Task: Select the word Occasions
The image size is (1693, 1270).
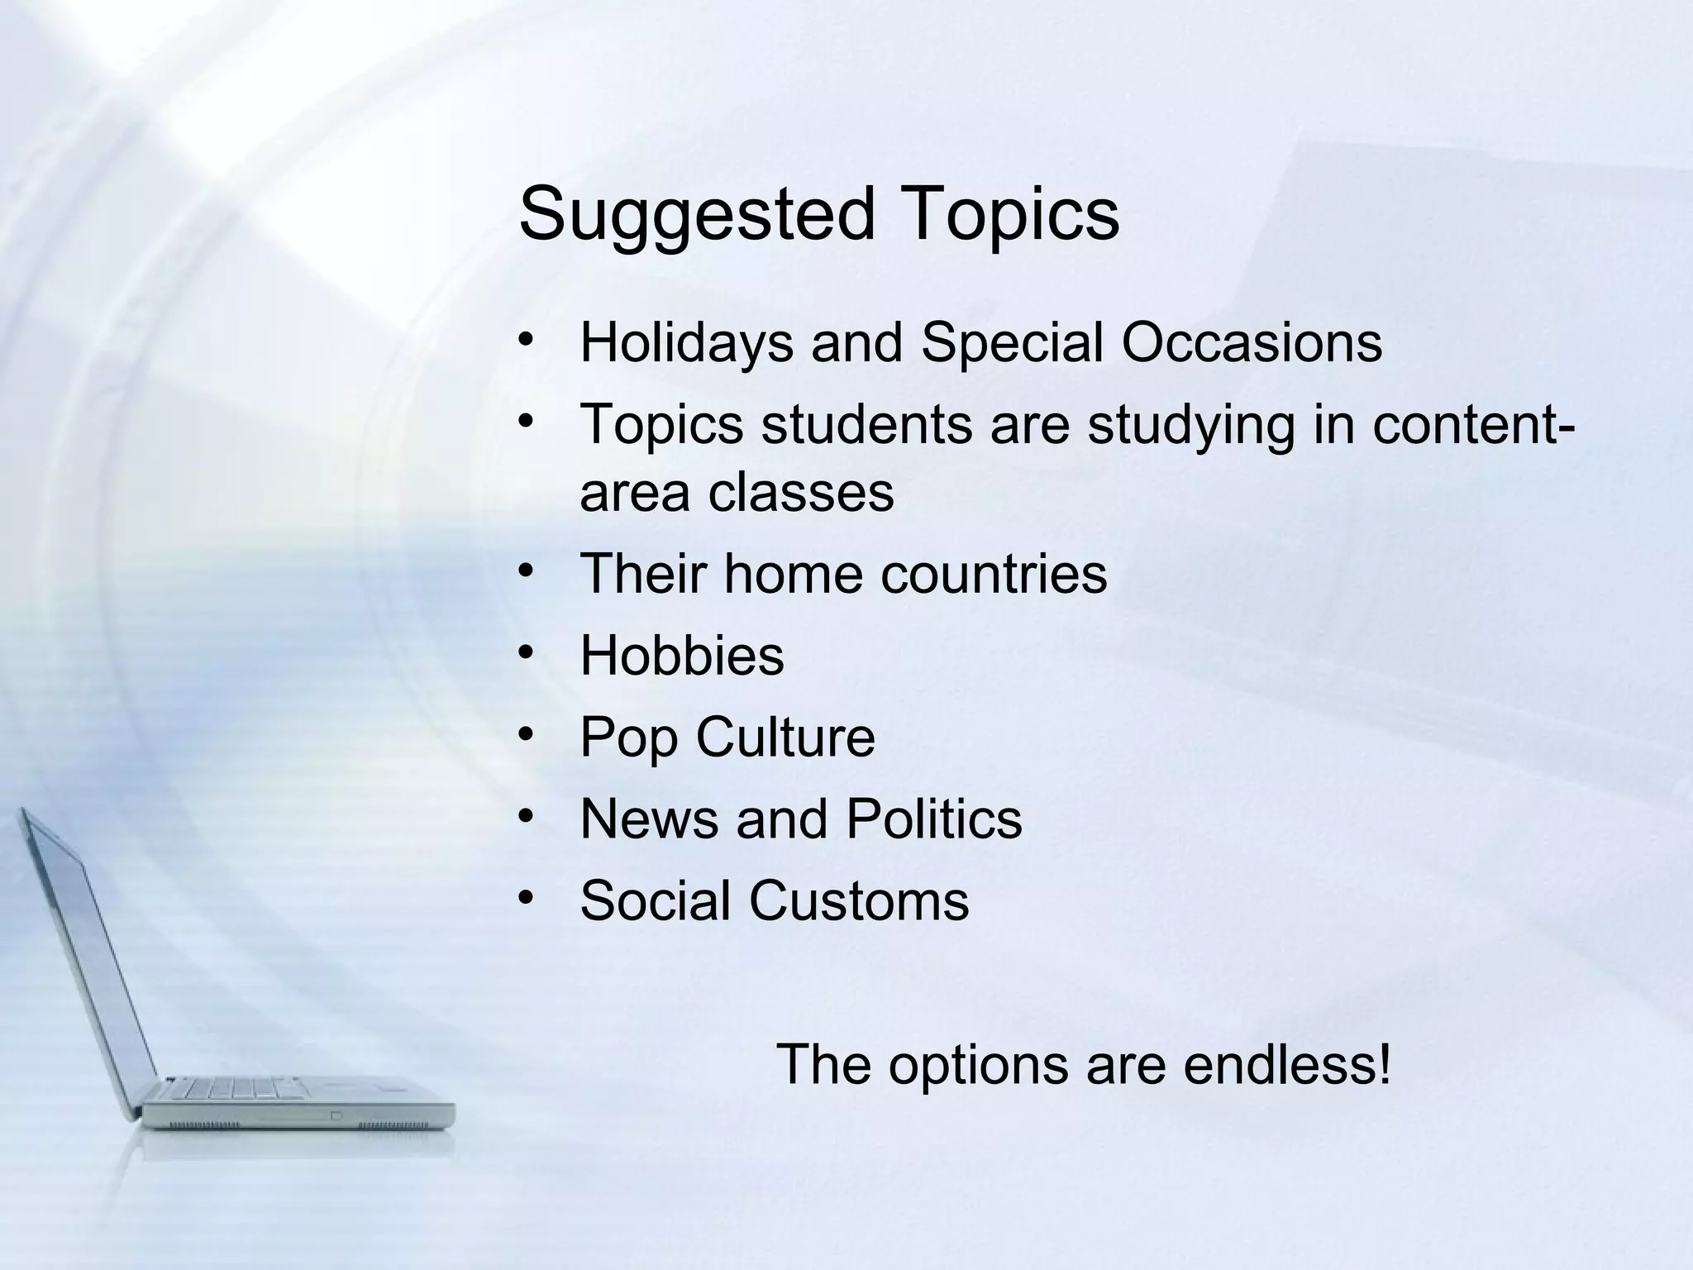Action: pyautogui.click(x=1251, y=341)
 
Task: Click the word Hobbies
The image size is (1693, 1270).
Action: pyautogui.click(x=682, y=655)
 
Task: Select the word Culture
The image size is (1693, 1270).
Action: pyautogui.click(x=785, y=737)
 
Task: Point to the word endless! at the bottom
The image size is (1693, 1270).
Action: pyautogui.click(x=1287, y=1064)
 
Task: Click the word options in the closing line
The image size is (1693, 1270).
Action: pyautogui.click(x=978, y=1066)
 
